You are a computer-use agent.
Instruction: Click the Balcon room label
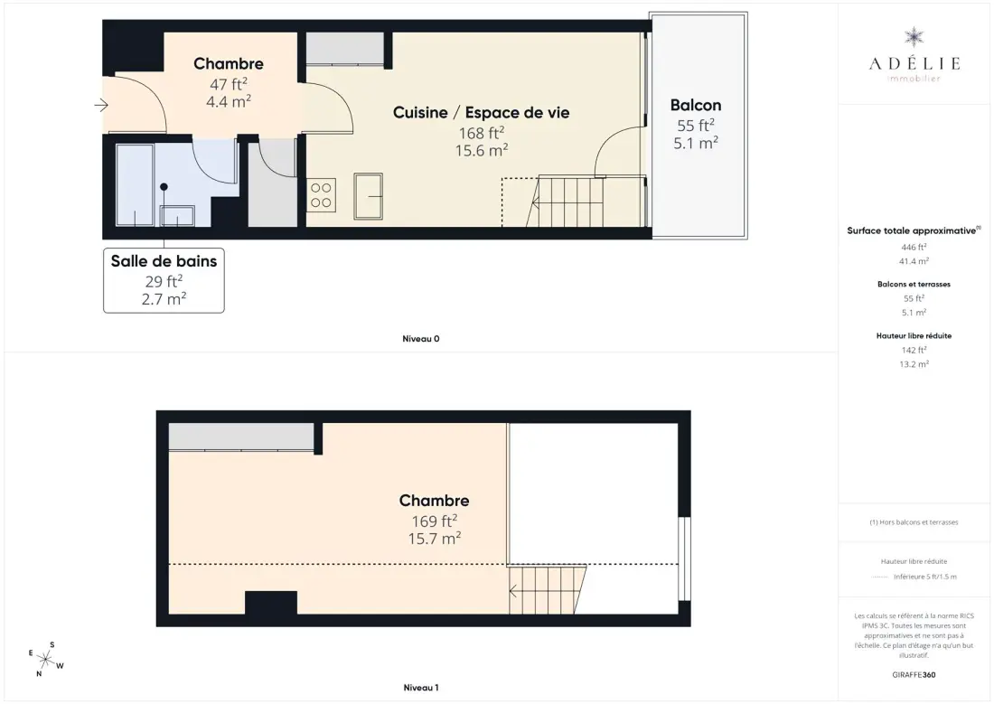point(696,105)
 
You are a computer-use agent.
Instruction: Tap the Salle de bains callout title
point(164,260)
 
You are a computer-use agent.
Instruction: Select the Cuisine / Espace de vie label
point(481,112)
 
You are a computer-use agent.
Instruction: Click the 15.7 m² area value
point(435,539)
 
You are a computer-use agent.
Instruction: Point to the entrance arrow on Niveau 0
point(101,105)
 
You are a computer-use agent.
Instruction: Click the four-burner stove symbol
point(321,194)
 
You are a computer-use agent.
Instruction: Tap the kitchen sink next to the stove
point(369,196)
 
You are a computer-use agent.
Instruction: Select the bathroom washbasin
point(177,216)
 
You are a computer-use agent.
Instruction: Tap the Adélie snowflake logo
point(914,37)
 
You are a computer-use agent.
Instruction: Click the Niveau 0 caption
point(421,339)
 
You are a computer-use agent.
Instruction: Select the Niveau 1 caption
point(421,688)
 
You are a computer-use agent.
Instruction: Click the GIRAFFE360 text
point(914,675)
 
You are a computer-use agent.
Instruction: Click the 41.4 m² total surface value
point(914,260)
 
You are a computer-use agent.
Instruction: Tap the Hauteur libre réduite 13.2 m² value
point(914,364)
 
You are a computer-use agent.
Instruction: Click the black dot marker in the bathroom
point(164,187)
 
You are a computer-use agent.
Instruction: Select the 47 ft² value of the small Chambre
point(229,84)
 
